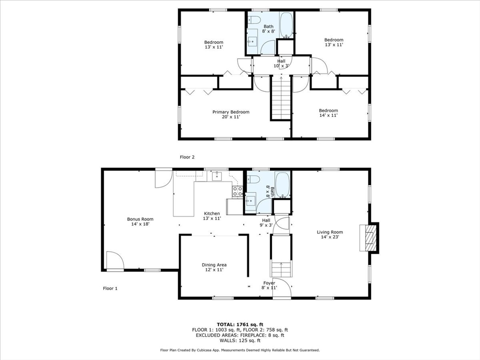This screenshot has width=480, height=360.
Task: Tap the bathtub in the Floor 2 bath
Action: tap(286, 25)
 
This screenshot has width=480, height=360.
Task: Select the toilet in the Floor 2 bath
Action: tap(254, 20)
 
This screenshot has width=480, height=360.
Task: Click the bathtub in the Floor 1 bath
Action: tap(282, 185)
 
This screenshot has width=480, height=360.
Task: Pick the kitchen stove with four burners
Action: tap(238, 191)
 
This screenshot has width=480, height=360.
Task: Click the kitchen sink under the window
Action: tap(217, 176)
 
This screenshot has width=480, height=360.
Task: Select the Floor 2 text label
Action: tap(187, 157)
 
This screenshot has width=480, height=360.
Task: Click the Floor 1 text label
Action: tap(110, 288)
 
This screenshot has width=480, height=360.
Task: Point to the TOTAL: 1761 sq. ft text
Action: tap(240, 324)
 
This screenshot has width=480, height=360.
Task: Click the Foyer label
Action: tap(269, 283)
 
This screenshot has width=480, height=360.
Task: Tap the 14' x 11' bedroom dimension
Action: tap(328, 115)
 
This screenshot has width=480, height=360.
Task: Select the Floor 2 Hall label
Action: tap(281, 61)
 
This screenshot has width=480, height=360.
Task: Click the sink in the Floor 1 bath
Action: tap(251, 201)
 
